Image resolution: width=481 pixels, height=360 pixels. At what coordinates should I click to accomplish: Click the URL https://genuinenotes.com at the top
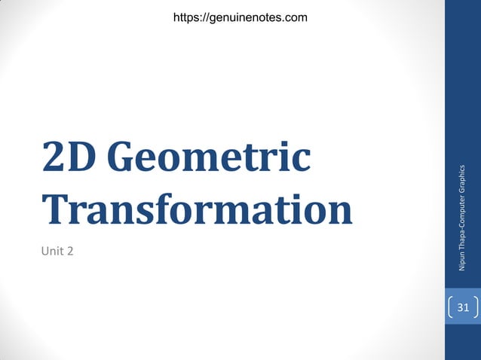(240, 17)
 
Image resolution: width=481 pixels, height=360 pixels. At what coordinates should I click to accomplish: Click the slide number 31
(463, 307)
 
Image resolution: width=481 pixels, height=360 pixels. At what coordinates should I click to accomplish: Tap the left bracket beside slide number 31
(451, 307)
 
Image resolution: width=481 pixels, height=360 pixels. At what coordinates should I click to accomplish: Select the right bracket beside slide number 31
(476, 307)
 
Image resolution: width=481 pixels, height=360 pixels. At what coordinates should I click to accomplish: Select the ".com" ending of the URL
(295, 17)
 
